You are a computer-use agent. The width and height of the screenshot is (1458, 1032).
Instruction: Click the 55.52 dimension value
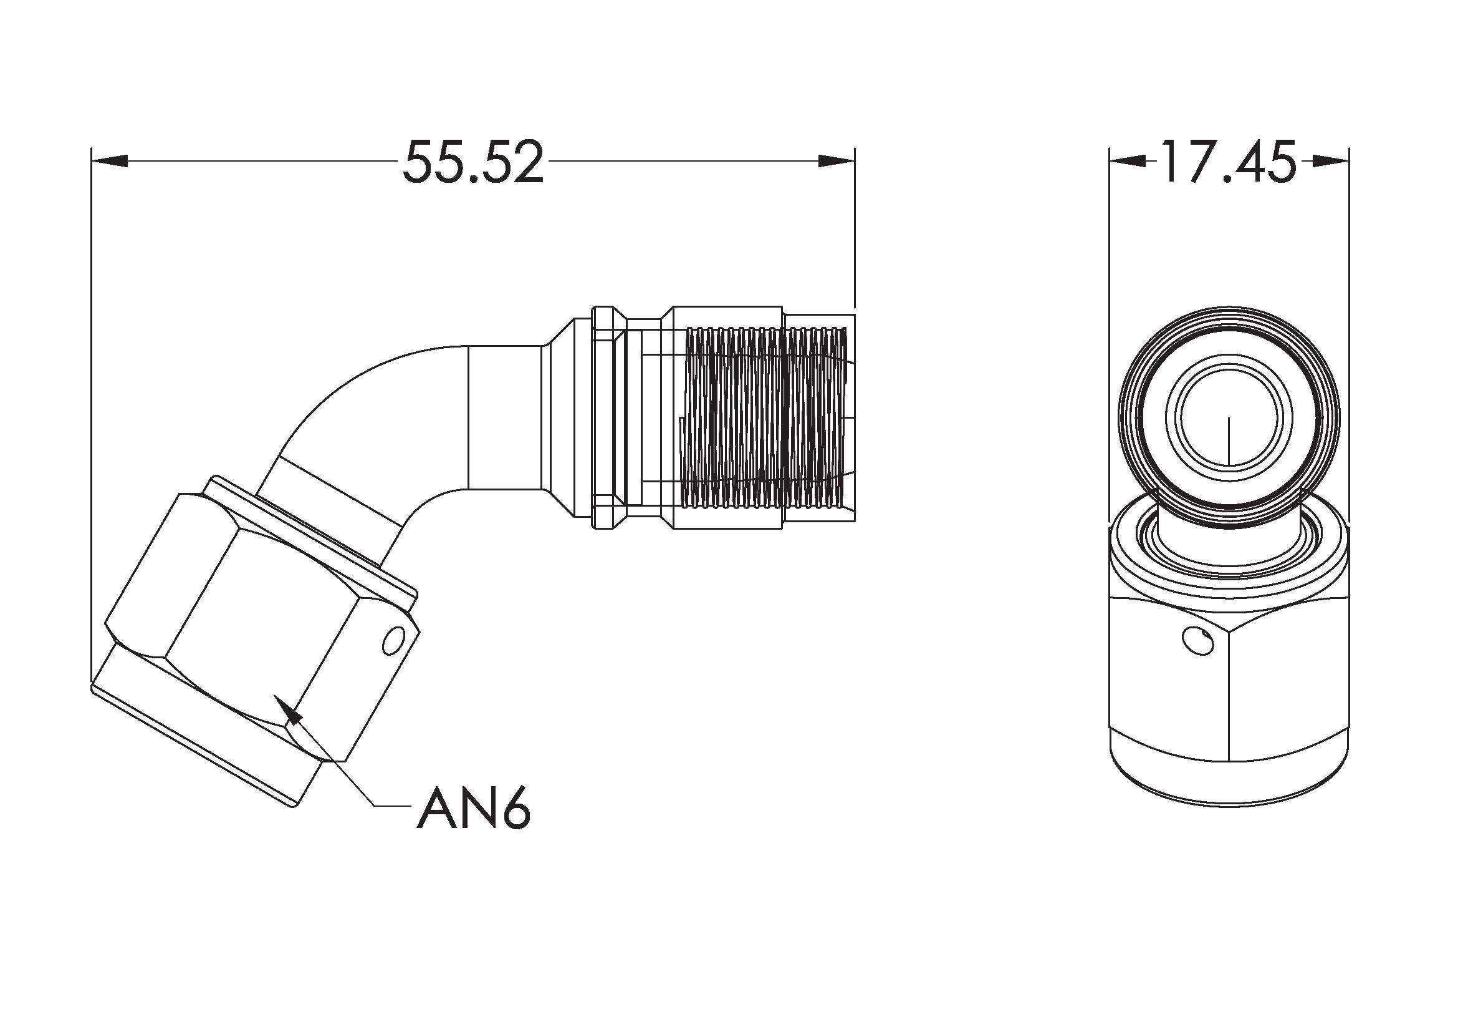[x=474, y=162]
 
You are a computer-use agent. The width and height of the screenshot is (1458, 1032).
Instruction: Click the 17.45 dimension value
[x=1227, y=162]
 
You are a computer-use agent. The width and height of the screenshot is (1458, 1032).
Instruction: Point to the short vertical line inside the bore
[x=1229, y=441]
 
